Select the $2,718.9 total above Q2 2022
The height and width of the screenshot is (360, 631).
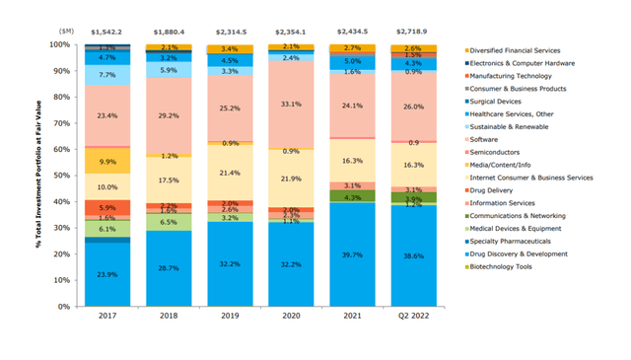[411, 33]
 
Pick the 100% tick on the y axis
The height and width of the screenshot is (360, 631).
[59, 45]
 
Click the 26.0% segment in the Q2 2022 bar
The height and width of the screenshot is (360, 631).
[411, 106]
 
